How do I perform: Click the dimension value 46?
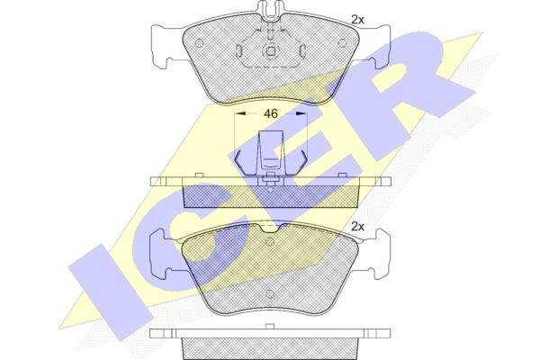(x=271, y=113)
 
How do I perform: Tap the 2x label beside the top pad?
(x=357, y=20)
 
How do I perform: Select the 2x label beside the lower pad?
(x=357, y=226)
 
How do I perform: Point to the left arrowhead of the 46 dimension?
(x=240, y=113)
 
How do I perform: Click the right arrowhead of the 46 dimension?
(x=301, y=113)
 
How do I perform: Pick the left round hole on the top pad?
(x=199, y=43)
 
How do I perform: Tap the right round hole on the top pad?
(x=342, y=43)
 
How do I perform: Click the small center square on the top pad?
(x=270, y=51)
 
